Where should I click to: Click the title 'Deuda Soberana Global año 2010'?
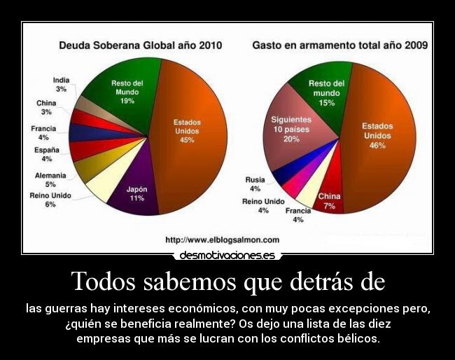coord(140,46)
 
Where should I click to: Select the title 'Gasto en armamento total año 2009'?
coord(339,46)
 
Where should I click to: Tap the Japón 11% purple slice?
coord(136,193)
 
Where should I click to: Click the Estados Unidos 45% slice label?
coord(187,131)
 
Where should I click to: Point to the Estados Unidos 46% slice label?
coord(377,135)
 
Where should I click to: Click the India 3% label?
coord(61,85)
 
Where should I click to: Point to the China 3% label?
coord(46,108)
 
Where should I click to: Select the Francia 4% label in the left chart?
coord(43,133)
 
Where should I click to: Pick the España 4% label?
coord(46,154)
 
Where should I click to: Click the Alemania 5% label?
coord(50,180)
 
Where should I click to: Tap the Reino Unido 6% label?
coord(50,200)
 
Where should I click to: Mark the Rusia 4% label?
coord(255,184)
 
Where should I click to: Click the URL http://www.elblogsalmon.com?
coord(222,240)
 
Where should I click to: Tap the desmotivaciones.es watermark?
coord(227,256)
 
